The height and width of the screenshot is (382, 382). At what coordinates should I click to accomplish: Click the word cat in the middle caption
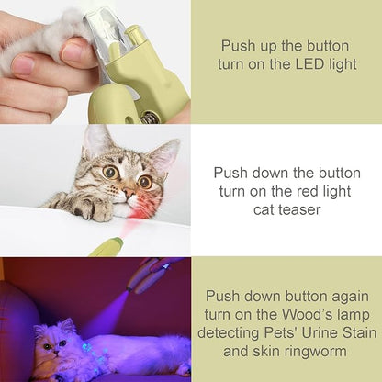pos(262,210)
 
